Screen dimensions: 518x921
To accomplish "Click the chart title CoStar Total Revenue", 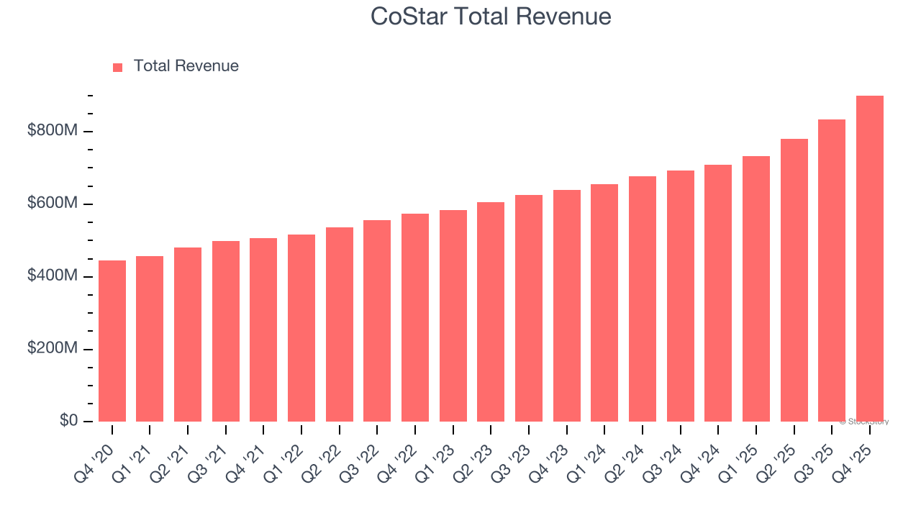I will point(491,17).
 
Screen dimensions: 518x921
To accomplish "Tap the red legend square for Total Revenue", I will point(118,67).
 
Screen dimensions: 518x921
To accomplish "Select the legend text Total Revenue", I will point(186,66).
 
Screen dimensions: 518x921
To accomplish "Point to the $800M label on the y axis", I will point(53,131).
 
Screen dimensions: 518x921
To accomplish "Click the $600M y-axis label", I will point(53,204).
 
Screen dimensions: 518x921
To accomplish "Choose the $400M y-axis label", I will point(53,276).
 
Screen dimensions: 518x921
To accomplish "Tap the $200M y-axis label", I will point(53,349).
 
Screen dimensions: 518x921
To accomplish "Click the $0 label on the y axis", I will point(69,421).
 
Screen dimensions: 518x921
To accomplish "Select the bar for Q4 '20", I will point(112,341).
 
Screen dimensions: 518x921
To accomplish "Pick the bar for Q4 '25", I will point(870,259).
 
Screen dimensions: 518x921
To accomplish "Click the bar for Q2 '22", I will point(340,324).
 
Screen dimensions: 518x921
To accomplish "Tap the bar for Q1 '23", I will point(453,316).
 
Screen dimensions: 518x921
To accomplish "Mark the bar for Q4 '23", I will point(567,306).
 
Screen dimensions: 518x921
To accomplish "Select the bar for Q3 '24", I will point(681,296).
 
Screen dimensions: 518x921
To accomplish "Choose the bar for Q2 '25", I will point(794,280).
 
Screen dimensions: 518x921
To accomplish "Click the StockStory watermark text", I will point(863,422).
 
